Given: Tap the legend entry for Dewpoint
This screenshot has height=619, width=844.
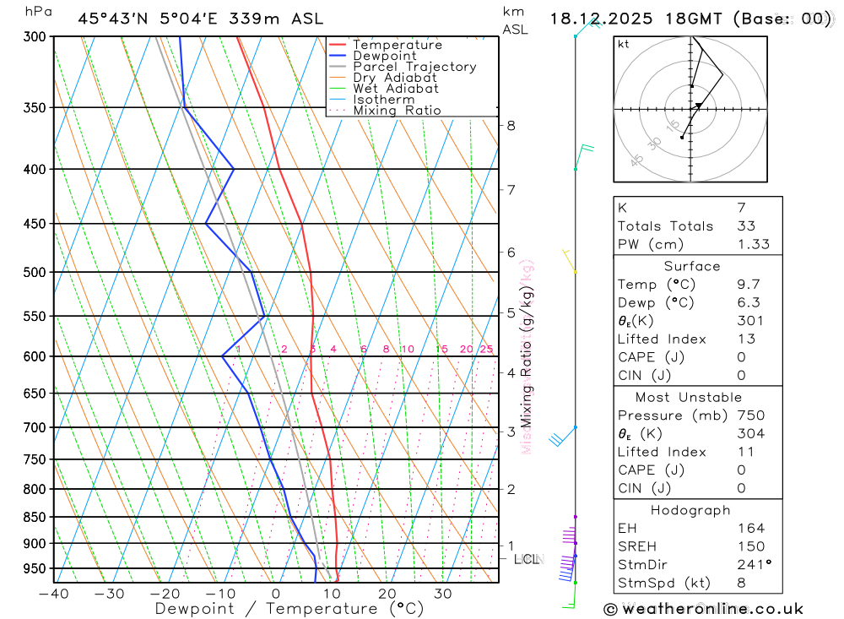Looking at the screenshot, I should pyautogui.click(x=384, y=56).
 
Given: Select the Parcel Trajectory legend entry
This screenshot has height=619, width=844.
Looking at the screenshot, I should pyautogui.click(x=414, y=67).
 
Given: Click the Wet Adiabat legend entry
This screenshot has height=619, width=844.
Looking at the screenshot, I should pyautogui.click(x=395, y=89).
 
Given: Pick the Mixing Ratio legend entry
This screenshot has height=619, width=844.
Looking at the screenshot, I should pyautogui.click(x=397, y=111).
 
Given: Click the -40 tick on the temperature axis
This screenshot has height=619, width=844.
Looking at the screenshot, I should pyautogui.click(x=53, y=594).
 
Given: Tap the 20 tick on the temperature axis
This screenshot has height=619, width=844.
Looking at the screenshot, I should pyautogui.click(x=387, y=594).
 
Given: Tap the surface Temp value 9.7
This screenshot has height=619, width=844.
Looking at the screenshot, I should pyautogui.click(x=747, y=285).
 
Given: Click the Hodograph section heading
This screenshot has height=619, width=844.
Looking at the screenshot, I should pyautogui.click(x=691, y=510).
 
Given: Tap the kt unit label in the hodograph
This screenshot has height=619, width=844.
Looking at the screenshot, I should pyautogui.click(x=624, y=44).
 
